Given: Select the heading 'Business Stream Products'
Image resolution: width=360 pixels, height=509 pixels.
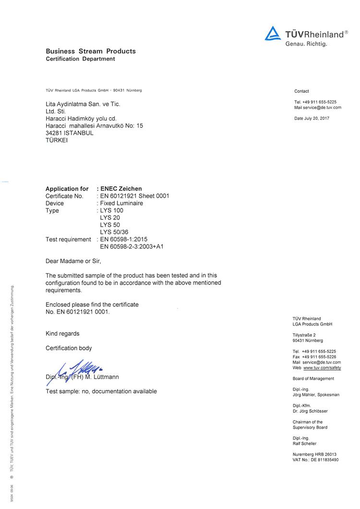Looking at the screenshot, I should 91,51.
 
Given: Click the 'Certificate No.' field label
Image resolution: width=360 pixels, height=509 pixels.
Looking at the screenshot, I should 64,196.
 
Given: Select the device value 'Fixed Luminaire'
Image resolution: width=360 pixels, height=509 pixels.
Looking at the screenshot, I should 121,203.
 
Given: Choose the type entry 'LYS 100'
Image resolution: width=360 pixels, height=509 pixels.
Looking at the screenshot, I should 111,210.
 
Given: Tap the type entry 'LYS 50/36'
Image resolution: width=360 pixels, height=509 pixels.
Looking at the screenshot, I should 114,232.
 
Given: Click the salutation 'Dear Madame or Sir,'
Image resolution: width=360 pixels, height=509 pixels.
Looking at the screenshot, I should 73,261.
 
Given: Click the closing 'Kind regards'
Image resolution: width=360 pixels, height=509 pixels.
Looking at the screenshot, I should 62,333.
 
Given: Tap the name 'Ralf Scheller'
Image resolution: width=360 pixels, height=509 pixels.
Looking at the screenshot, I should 305,444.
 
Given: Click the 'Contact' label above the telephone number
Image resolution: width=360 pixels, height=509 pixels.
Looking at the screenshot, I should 301,91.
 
